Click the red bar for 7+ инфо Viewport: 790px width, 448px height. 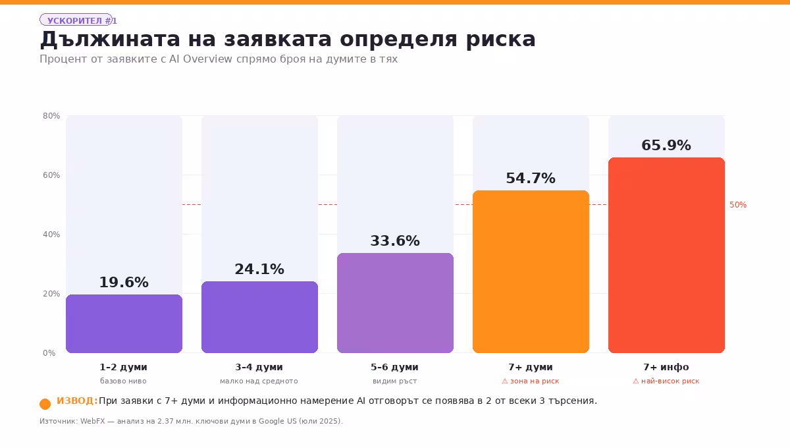tap(666, 255)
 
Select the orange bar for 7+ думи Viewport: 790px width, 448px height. tap(531, 271)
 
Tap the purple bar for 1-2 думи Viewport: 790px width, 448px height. tap(124, 323)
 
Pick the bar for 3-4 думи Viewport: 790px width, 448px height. tap(259, 317)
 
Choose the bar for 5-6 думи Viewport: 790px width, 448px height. tap(395, 303)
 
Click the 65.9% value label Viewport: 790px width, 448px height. tap(666, 145)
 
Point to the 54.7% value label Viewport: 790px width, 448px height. tap(531, 178)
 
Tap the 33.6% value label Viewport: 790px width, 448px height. tap(395, 240)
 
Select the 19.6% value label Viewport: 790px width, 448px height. tap(124, 282)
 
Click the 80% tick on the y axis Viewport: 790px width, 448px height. tap(51, 116)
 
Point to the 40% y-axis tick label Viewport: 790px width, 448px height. tap(51, 235)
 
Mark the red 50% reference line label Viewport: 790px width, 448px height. tap(738, 205)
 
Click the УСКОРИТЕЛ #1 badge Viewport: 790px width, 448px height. tap(78, 20)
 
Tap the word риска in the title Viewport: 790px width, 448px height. tap(501, 40)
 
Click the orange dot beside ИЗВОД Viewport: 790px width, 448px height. tap(45, 404)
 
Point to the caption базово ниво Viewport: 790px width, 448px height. tap(124, 381)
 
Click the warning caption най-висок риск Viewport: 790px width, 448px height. tap(666, 381)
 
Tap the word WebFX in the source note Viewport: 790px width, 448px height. tap(92, 421)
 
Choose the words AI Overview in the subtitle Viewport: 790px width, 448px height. tap(200, 59)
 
